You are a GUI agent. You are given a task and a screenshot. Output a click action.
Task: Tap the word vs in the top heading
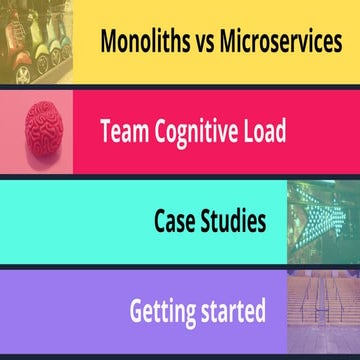pyautogui.click(x=210, y=42)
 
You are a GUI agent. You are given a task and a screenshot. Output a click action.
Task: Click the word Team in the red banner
pyautogui.click(x=126, y=131)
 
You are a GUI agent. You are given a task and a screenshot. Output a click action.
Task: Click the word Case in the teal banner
pyautogui.click(x=178, y=220)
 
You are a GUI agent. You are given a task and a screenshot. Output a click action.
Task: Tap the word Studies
pyautogui.click(x=235, y=220)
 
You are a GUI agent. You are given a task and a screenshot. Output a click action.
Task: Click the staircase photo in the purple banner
pyautogui.click(x=322, y=311)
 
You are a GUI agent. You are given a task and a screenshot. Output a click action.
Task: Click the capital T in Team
pyautogui.click(x=107, y=131)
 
